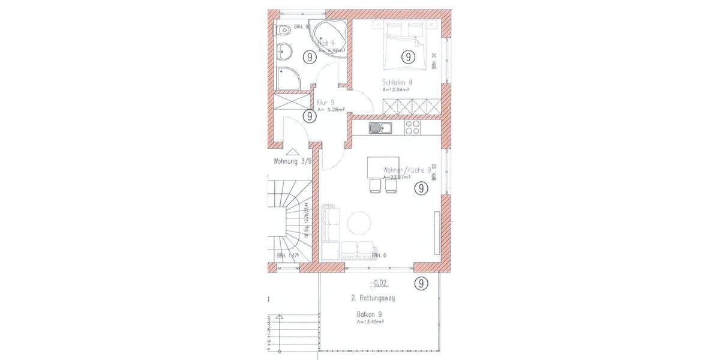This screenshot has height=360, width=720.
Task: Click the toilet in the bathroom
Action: click(x=284, y=29)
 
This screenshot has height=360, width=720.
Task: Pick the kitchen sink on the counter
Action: click(x=380, y=127)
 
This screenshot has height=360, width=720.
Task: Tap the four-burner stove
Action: click(x=412, y=127)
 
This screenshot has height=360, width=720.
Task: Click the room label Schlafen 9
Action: click(x=397, y=82)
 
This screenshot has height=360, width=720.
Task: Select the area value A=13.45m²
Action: click(x=370, y=322)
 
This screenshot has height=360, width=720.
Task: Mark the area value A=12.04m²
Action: click(x=395, y=89)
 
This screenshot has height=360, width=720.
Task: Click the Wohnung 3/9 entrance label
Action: click(x=292, y=161)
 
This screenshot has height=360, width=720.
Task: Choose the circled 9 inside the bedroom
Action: click(x=407, y=58)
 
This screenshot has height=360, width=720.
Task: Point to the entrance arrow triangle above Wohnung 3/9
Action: click(x=292, y=152)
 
